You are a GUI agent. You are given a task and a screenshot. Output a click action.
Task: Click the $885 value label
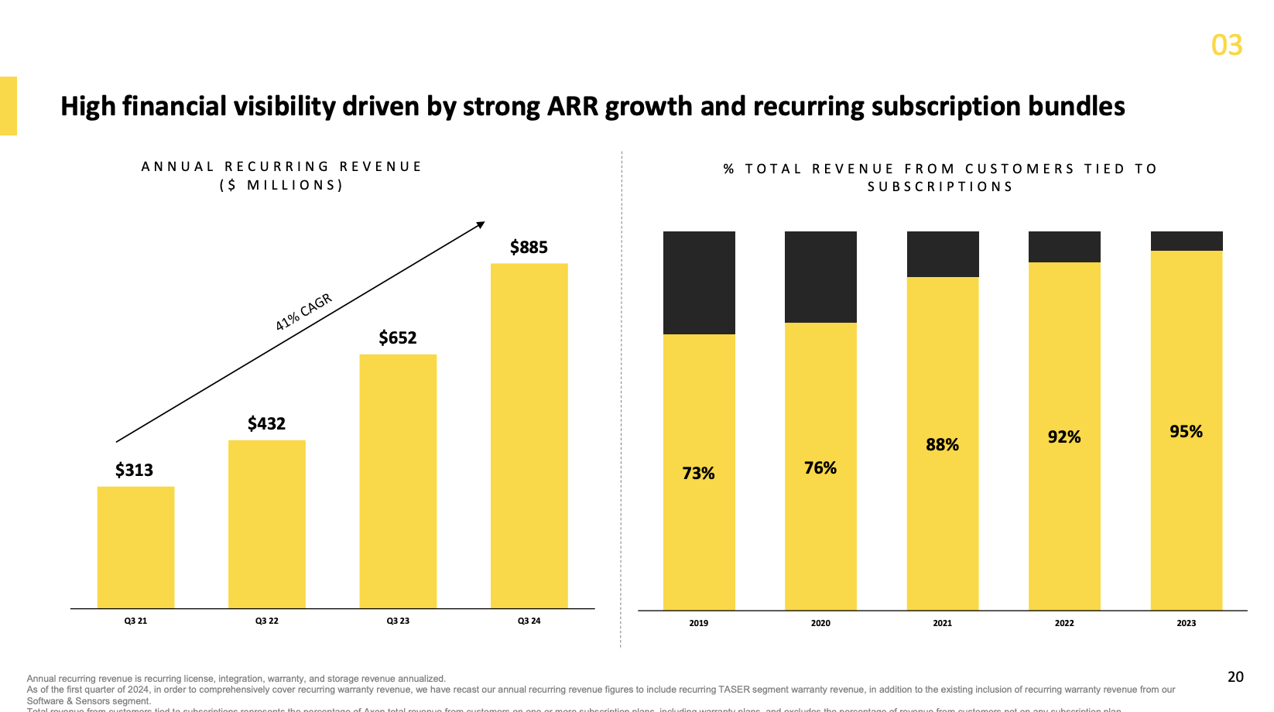(529, 248)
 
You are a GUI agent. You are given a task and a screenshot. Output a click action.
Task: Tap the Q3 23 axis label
(398, 621)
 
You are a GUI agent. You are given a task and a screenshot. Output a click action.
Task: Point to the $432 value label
(266, 423)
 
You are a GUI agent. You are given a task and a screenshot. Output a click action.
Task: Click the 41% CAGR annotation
(303, 312)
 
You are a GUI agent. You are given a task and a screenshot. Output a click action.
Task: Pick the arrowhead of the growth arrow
(481, 225)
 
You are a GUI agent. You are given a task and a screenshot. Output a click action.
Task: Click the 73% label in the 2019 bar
(698, 474)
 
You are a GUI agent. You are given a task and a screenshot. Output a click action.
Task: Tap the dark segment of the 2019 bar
(699, 282)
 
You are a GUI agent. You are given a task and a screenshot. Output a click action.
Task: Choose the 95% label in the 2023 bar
(1186, 432)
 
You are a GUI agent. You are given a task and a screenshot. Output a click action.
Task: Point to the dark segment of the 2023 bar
(1186, 241)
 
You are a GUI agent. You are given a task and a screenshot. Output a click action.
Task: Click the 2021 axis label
(942, 623)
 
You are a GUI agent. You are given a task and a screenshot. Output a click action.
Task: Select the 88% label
(942, 445)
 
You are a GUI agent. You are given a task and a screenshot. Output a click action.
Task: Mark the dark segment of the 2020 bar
(820, 276)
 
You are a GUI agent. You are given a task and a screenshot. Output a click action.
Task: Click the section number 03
(1227, 46)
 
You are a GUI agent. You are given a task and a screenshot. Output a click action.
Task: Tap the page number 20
(1235, 677)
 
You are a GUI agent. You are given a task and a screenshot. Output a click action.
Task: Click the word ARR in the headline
(573, 106)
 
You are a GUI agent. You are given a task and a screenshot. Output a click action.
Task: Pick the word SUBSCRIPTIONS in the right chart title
(940, 187)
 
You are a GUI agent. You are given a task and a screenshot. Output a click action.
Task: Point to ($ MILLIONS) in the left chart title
(282, 185)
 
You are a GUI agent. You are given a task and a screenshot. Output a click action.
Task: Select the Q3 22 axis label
(266, 621)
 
